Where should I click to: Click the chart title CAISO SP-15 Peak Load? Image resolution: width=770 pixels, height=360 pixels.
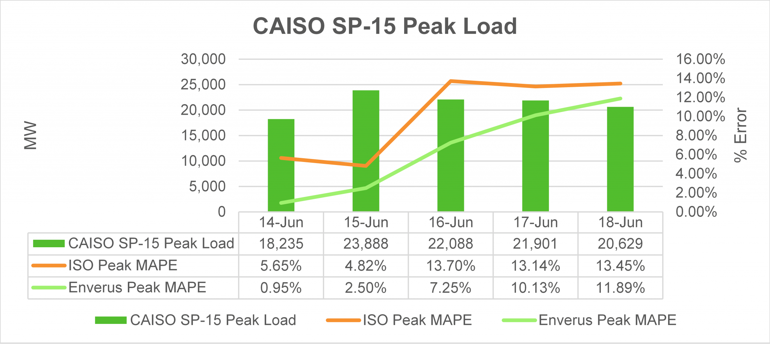[x=385, y=26]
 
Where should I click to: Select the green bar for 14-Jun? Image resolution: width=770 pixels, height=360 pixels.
[x=281, y=177]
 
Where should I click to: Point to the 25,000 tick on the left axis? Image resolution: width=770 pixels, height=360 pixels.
[x=203, y=85]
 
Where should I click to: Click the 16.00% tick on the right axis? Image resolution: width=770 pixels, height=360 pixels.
[x=700, y=59]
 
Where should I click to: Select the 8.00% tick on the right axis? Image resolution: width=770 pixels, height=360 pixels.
[x=696, y=136]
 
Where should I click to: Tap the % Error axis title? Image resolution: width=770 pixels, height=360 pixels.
[x=740, y=136]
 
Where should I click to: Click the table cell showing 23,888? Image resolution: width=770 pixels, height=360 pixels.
[x=366, y=244]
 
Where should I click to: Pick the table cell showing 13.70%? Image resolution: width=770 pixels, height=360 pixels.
[x=450, y=266]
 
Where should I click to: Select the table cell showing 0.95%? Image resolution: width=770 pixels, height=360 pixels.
[x=281, y=288]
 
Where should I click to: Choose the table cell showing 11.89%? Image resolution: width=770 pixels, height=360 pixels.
[x=620, y=288]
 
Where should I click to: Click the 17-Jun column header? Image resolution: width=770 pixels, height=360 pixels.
[x=535, y=222]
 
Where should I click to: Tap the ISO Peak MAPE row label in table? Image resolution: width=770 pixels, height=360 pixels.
[x=123, y=265]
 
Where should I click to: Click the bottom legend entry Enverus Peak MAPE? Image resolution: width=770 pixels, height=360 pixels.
[x=607, y=320]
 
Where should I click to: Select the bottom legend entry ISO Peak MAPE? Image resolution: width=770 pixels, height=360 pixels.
[x=417, y=320]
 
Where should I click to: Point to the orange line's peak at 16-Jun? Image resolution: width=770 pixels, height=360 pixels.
[x=450, y=81]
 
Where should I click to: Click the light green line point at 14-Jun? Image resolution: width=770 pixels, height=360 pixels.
[x=281, y=203]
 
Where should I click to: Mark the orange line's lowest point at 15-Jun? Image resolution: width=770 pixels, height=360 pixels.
[x=366, y=166]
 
